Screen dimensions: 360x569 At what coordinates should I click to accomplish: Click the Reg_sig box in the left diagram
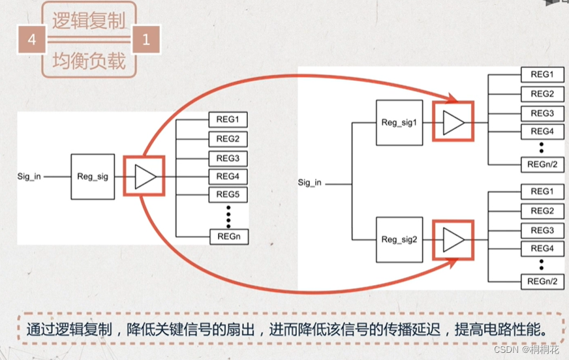point(93,177)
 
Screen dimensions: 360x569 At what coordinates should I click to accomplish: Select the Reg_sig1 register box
point(397,122)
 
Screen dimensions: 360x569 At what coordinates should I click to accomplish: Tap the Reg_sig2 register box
point(397,239)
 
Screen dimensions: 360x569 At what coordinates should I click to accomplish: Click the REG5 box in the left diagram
point(228,194)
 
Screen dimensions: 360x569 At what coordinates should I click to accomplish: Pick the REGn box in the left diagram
point(228,237)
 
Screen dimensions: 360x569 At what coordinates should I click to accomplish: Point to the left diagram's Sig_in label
point(30,177)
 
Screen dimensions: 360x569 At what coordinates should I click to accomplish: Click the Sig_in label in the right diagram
point(309,183)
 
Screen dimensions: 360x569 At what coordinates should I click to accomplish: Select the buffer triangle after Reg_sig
point(145,177)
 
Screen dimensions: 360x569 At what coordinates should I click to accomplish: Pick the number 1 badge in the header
point(146,40)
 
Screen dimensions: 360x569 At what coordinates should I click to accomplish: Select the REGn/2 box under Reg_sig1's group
point(542,164)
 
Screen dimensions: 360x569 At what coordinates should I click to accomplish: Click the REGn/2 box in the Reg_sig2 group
point(542,282)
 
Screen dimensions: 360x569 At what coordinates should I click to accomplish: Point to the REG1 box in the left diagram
point(228,120)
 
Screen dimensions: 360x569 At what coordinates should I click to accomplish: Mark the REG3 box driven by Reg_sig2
point(542,231)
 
